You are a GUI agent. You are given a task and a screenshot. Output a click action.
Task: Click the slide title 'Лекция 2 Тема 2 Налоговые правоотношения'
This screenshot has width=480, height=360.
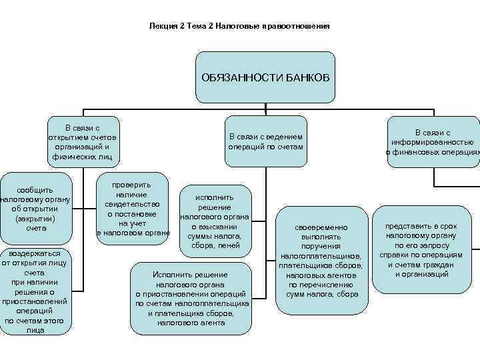(239, 27)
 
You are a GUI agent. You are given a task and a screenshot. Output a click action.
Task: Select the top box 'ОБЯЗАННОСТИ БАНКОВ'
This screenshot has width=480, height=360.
(265, 78)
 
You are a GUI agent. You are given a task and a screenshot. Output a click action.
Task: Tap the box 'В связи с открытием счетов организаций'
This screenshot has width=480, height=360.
(83, 142)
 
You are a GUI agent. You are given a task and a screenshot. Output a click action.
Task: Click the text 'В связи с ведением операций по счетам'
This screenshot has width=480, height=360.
(265, 142)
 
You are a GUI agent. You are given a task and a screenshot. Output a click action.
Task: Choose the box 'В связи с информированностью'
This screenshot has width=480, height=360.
(433, 142)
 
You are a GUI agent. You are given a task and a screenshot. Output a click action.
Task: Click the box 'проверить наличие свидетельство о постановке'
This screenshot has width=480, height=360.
(133, 208)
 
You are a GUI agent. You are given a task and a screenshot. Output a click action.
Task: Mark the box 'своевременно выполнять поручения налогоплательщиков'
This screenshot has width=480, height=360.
(321, 261)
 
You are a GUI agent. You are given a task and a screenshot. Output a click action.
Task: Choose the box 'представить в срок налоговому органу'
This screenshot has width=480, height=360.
(421, 251)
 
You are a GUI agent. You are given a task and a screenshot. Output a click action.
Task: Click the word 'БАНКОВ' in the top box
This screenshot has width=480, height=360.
(309, 78)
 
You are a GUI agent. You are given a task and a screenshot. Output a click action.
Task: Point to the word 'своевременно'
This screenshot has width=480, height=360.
(321, 228)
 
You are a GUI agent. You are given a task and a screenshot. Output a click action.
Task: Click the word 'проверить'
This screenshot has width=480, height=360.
(131, 184)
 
